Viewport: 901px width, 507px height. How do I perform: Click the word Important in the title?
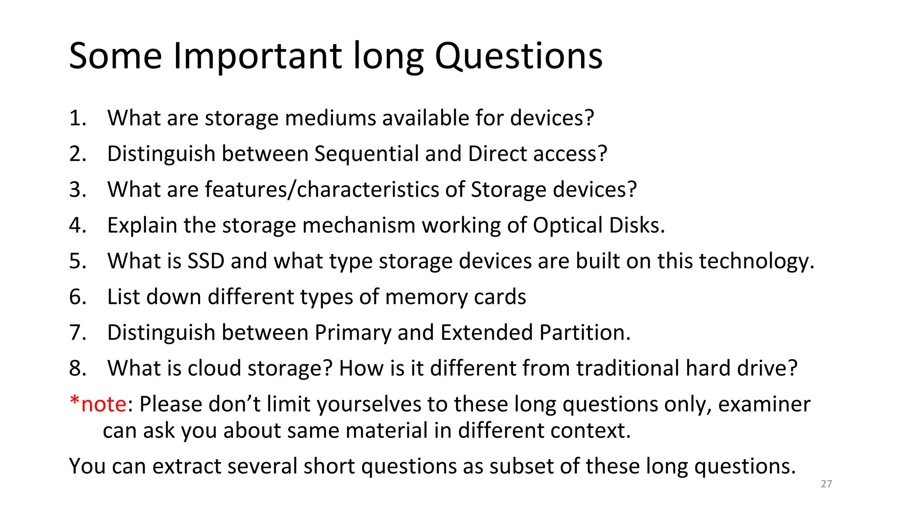point(257,56)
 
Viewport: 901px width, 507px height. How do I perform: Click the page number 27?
point(826,484)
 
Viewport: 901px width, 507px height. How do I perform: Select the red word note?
point(104,404)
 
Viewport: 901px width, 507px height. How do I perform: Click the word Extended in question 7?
point(487,332)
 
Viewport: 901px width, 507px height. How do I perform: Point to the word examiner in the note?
point(764,404)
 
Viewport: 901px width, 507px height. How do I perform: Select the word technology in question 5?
point(756,261)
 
